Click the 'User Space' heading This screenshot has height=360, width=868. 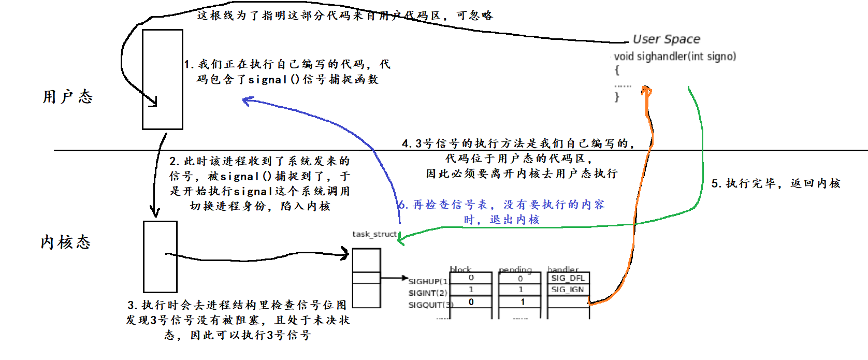666,39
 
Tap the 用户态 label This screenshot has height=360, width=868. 67,97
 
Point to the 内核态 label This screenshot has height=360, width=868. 66,242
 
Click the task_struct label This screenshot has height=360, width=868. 374,234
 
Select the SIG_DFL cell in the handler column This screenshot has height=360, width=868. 568,278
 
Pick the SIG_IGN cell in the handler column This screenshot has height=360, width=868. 568,290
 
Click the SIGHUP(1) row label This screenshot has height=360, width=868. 428,281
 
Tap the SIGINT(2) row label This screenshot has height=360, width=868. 428,293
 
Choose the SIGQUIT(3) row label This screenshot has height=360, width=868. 430,305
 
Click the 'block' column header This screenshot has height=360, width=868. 460,269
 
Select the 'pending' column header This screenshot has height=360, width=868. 515,269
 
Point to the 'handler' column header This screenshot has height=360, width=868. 563,269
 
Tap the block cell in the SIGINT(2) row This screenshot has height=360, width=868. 471,290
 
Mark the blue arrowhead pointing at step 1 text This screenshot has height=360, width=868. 247,100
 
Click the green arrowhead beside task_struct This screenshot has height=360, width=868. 402,239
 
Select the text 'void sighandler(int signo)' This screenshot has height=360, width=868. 675,56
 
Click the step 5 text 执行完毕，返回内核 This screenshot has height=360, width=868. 776,183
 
